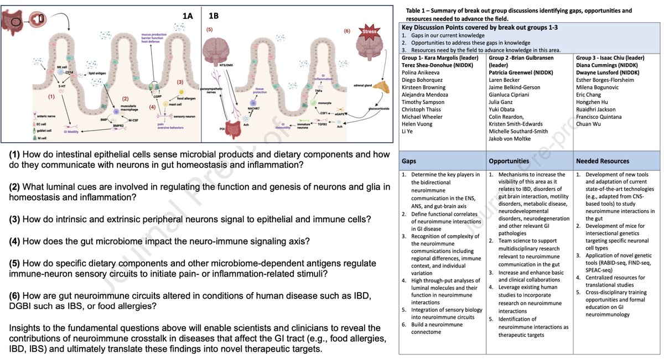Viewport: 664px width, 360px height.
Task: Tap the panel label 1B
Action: [213, 17]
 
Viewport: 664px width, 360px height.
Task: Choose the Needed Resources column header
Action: [603, 161]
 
